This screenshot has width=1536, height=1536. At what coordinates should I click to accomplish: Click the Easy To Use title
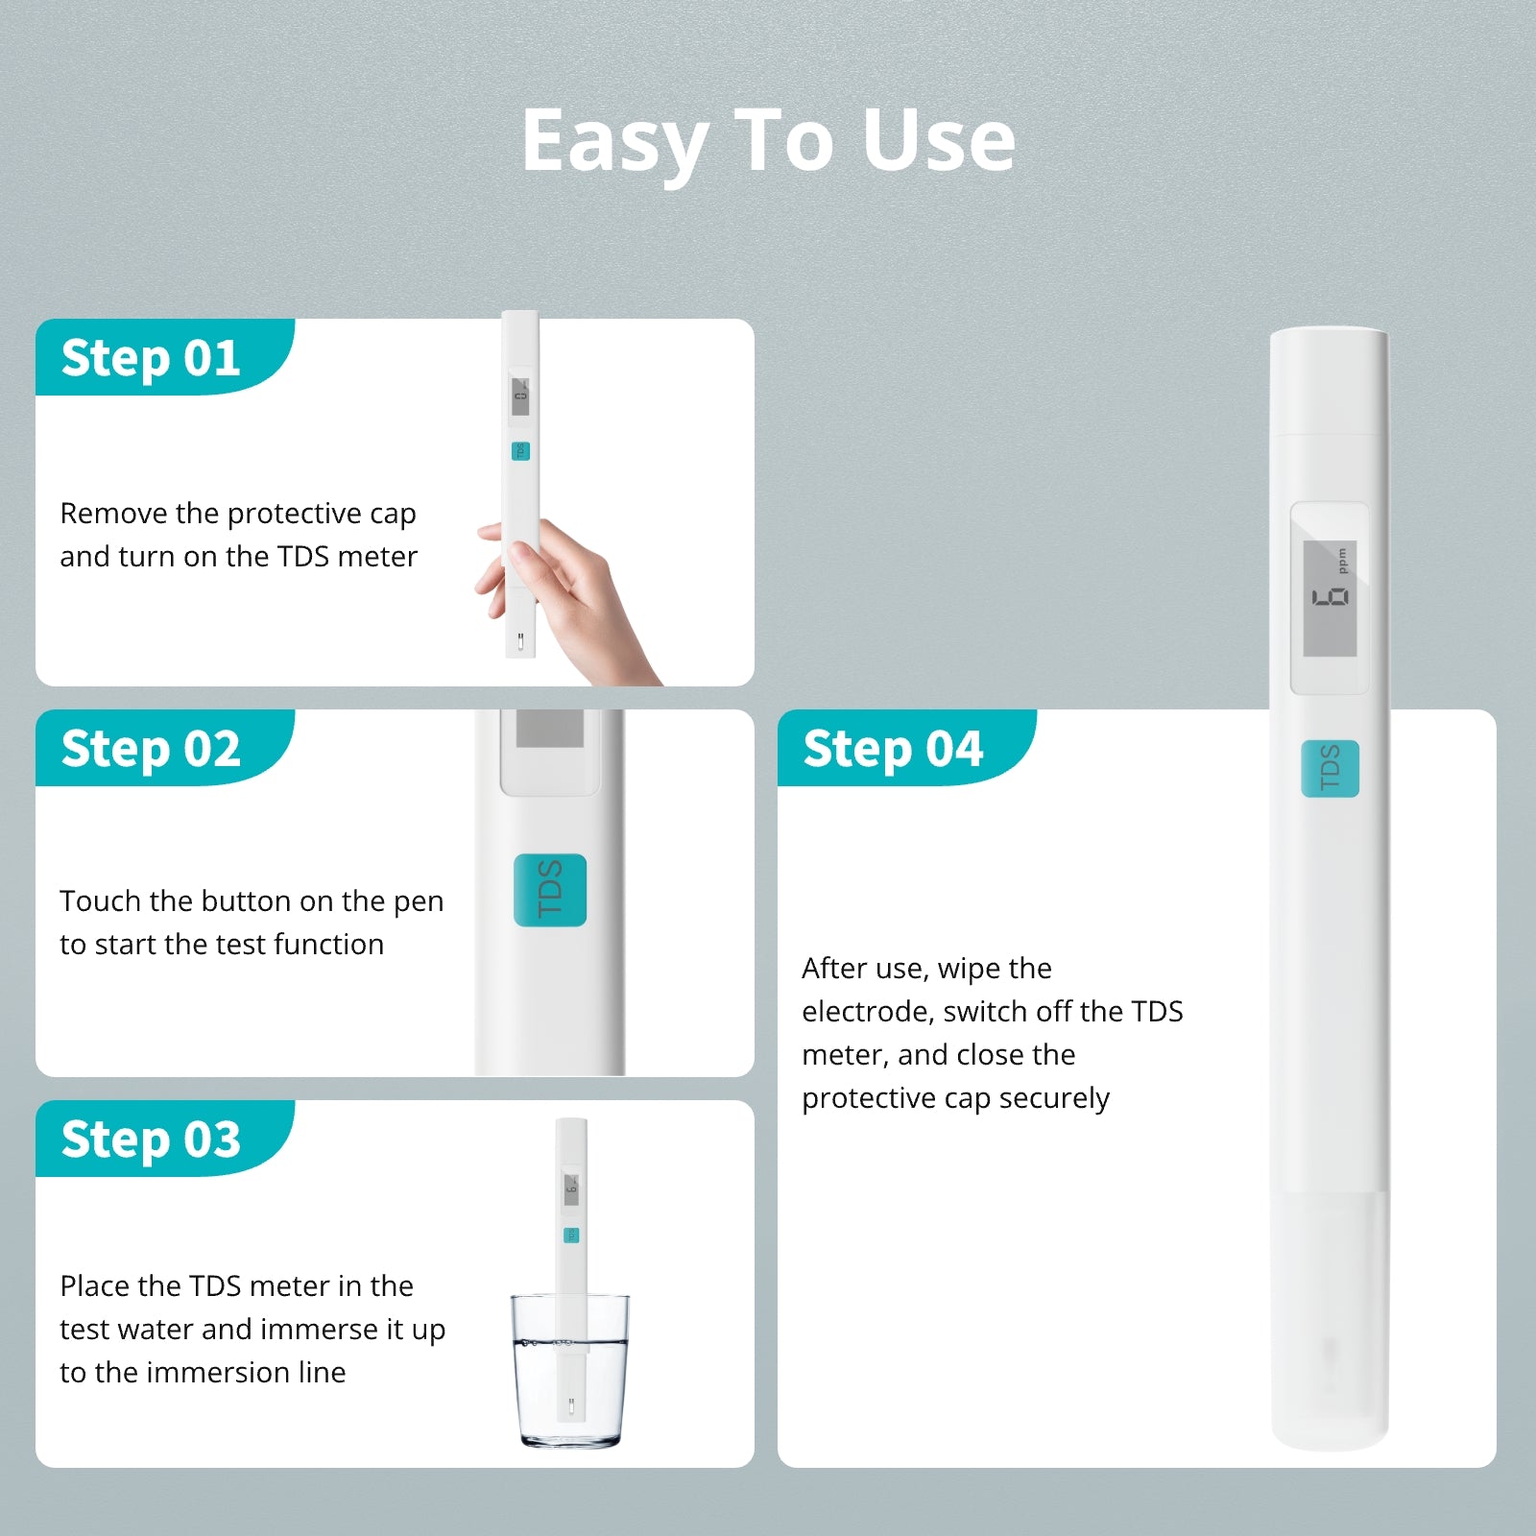tap(768, 141)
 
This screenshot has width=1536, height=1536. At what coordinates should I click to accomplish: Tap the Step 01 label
tap(151, 359)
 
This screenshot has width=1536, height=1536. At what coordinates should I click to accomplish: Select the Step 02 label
tap(151, 750)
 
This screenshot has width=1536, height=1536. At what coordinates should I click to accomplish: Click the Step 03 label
tap(151, 1140)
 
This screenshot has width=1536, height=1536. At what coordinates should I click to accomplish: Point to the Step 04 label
tap(893, 750)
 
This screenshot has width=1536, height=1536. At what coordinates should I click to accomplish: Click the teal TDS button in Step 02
tap(550, 890)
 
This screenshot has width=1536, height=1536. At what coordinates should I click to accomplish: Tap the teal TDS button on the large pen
tap(1330, 768)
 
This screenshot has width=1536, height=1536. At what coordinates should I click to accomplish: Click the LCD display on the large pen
tap(1330, 598)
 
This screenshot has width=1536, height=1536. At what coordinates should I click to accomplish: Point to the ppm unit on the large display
tap(1342, 561)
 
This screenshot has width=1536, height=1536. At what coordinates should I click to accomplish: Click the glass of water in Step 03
tap(569, 1373)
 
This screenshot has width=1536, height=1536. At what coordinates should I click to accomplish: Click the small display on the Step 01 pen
tap(520, 395)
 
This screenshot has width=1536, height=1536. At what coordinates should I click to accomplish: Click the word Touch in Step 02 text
tap(100, 901)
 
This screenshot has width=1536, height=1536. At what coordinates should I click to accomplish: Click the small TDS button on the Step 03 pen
tap(571, 1235)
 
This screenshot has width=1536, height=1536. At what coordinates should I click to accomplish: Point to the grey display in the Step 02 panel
tap(550, 730)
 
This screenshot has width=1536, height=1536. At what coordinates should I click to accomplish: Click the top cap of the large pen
tap(1329, 379)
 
